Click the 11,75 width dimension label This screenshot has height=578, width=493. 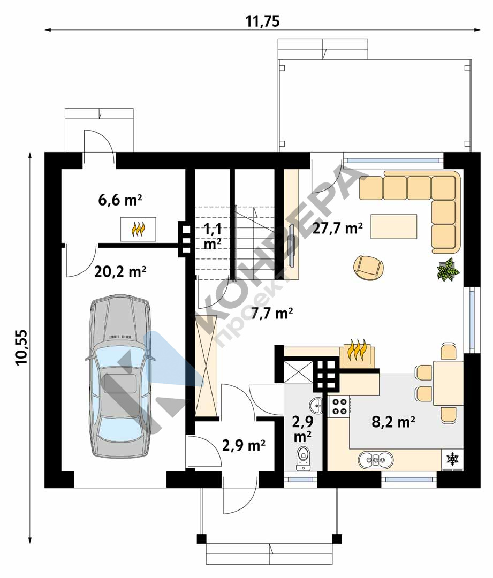(x=262, y=22)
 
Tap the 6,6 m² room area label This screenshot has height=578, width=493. (x=120, y=200)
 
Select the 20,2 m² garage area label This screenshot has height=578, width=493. (x=120, y=272)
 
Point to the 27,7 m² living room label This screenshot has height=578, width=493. (x=337, y=229)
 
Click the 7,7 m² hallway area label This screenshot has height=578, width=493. (x=272, y=314)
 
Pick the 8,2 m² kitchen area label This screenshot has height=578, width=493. (x=393, y=421)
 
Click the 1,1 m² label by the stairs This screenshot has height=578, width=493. (x=213, y=237)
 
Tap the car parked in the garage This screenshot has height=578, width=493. (x=121, y=376)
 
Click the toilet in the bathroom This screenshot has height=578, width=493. (x=303, y=458)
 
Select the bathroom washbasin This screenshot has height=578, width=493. (x=316, y=406)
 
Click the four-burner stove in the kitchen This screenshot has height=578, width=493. (x=339, y=407)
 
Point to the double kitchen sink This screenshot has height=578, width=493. (x=376, y=460)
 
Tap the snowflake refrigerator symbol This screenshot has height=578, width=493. (x=452, y=459)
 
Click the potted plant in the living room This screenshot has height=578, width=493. (x=448, y=270)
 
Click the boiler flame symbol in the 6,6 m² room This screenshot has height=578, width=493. (x=138, y=229)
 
